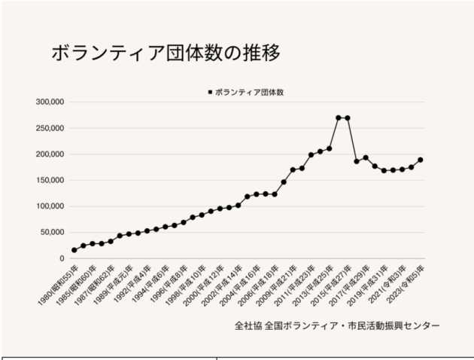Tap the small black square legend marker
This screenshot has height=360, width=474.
(209, 92)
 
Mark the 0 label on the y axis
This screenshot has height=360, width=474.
(63, 258)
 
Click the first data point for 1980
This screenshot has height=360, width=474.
(74, 249)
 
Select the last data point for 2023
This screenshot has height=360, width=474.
(420, 160)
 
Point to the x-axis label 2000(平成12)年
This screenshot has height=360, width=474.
(202, 281)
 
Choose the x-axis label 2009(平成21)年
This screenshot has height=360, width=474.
(275, 281)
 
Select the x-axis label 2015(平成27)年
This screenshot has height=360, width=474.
(330, 281)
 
